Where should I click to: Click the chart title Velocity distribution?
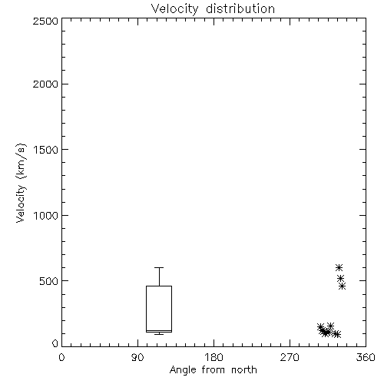tap(213, 9)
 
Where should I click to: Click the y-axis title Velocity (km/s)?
tap(21, 183)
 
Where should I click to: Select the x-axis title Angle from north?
tap(214, 370)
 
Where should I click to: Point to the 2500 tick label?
tap(45, 21)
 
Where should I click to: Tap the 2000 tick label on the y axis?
tap(45, 84)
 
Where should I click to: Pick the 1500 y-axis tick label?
tap(46, 150)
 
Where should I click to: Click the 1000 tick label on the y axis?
tap(46, 215)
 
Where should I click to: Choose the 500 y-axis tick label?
tap(49, 281)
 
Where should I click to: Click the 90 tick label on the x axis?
tap(137, 357)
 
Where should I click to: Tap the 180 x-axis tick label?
tap(214, 357)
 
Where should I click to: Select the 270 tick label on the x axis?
tap(290, 357)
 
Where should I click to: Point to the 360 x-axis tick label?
tap(366, 357)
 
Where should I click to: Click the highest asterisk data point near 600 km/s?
tap(339, 268)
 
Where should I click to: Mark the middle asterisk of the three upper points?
tap(340, 278)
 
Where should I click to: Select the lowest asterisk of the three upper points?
tap(343, 286)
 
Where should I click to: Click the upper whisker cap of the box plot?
tap(159, 267)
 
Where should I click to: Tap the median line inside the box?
tap(159, 330)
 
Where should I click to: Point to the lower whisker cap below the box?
tap(159, 334)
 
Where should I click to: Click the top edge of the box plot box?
tap(159, 286)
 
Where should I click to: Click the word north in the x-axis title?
tap(244, 369)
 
